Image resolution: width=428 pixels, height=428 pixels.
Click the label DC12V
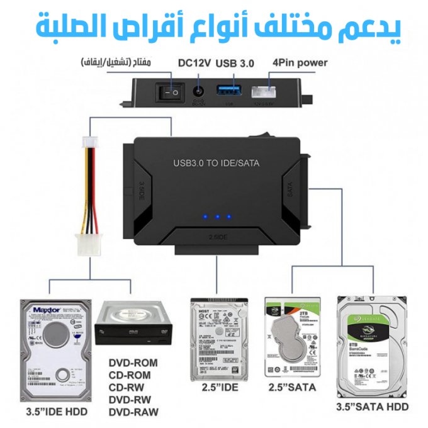coord(194,63)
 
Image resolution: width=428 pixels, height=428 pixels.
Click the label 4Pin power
coord(299,63)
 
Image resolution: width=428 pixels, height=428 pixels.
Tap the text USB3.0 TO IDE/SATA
coord(216,163)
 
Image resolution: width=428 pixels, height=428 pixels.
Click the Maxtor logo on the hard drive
coord(47,310)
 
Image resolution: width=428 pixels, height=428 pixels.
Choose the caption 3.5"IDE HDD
coord(57,412)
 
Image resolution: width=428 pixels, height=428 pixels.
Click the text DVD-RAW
coord(133,412)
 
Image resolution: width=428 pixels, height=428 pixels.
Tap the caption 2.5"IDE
coord(220,387)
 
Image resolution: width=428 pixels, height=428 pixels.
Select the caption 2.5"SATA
coord(292,387)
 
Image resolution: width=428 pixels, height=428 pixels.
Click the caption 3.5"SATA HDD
coord(372,407)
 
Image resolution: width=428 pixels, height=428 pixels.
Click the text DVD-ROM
coord(133,363)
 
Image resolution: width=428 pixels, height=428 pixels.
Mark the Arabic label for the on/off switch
coord(116,63)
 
